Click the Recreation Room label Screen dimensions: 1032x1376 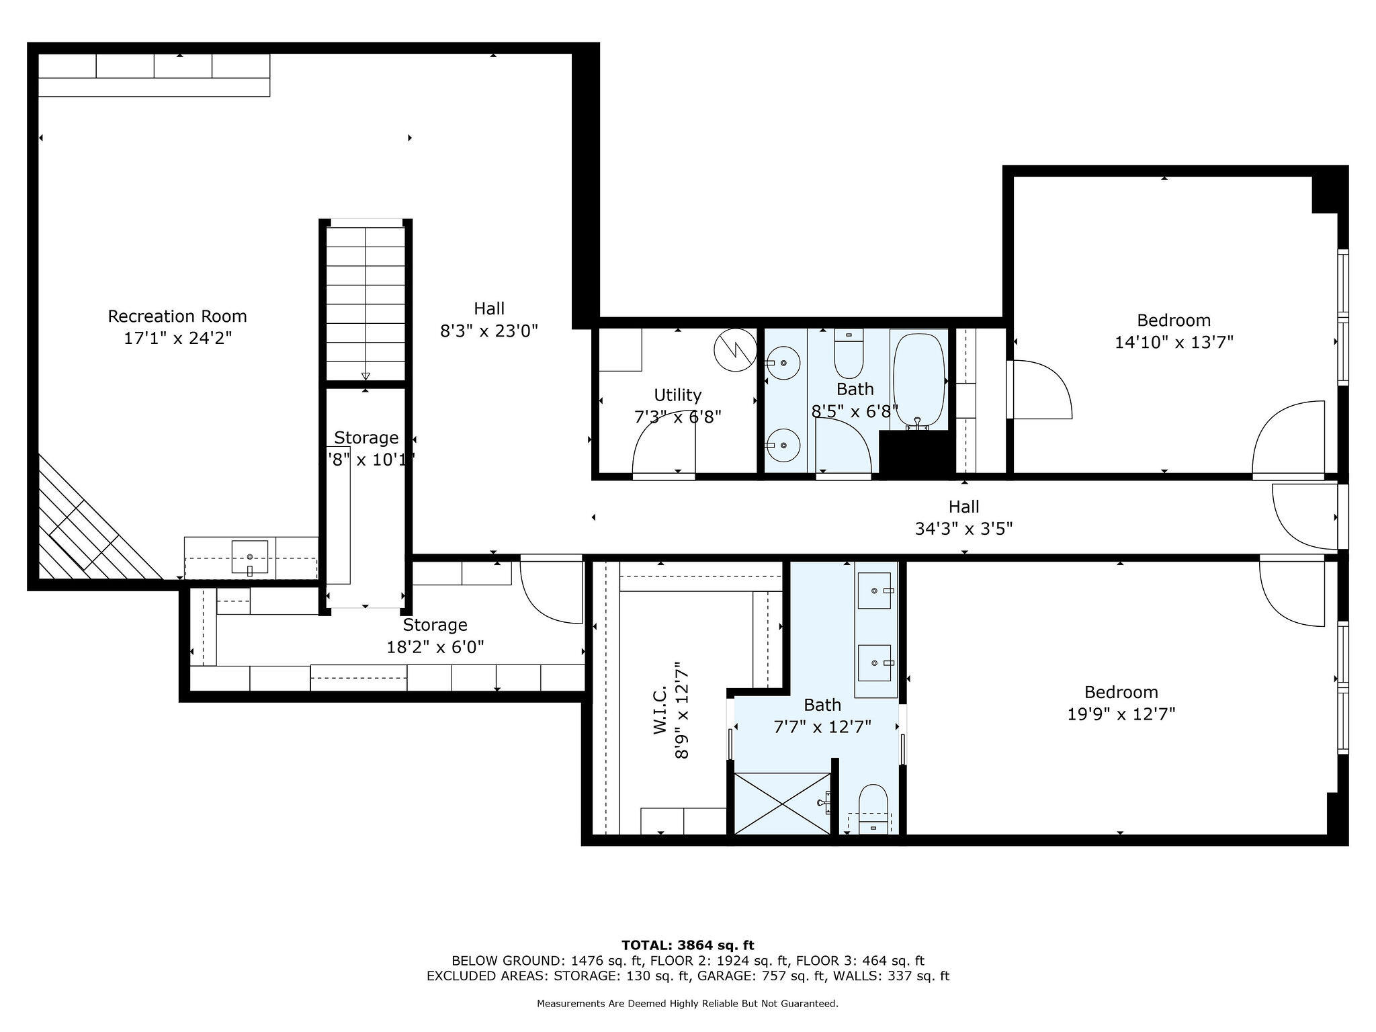(177, 316)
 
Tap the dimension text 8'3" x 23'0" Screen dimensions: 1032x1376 (489, 331)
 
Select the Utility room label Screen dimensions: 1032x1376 (677, 395)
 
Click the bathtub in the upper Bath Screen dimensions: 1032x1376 (918, 378)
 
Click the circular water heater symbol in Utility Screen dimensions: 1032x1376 (735, 349)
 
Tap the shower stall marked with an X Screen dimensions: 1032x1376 (781, 804)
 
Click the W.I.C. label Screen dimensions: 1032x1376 (660, 709)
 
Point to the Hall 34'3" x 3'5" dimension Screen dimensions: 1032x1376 (963, 529)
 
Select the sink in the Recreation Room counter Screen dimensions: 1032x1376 (249, 557)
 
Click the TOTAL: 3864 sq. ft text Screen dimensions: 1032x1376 (687, 945)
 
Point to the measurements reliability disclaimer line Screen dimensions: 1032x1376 (687, 1004)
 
